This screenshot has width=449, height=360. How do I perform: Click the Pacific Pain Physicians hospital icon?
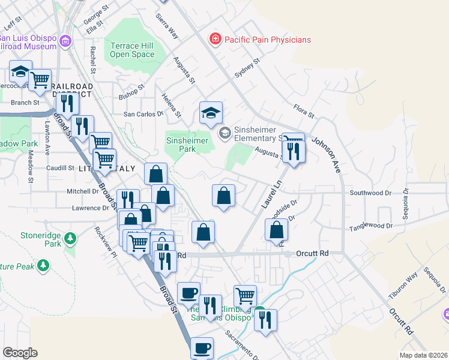click(214, 40)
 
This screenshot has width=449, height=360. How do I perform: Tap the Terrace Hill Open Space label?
click(132, 49)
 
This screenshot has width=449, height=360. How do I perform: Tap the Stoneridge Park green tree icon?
click(71, 239)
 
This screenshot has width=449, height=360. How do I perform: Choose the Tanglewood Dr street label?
click(371, 226)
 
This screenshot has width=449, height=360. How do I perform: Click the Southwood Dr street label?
click(370, 193)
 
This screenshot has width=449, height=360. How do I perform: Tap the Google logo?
click(20, 353)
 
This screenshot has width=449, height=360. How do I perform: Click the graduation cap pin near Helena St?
click(211, 112)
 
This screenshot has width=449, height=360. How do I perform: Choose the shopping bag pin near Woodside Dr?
click(276, 230)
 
